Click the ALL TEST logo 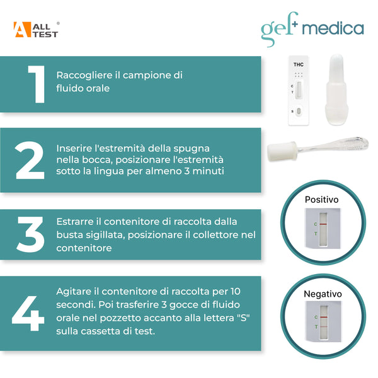[36, 30]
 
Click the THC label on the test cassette [299, 64]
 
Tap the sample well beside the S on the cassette [300, 112]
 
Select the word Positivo [321, 199]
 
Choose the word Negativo [323, 294]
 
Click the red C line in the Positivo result [323, 224]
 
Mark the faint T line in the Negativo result [323, 327]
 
